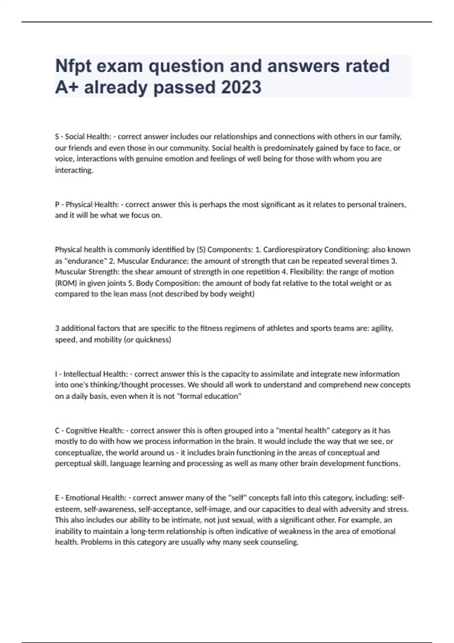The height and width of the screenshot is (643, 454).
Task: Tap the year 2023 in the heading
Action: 241,87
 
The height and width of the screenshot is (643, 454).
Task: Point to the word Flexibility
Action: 306,272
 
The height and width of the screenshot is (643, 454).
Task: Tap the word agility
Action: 382,328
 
